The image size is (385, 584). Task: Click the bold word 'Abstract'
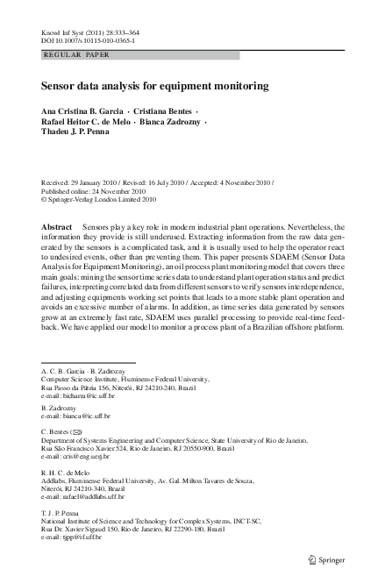point(57,226)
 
